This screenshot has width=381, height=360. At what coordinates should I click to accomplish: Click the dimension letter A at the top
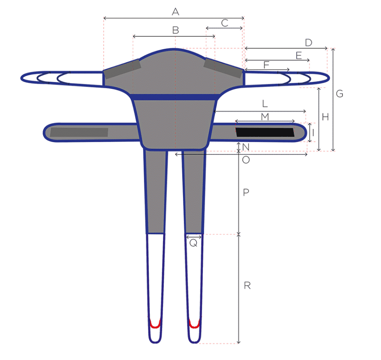click(175, 12)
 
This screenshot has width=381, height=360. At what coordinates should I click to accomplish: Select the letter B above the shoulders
click(176, 30)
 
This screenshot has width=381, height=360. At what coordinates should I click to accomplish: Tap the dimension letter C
click(225, 23)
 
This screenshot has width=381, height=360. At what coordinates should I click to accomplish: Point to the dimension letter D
click(309, 43)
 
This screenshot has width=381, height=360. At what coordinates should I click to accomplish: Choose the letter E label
click(299, 56)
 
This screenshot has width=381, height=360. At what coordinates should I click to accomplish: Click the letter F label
click(266, 65)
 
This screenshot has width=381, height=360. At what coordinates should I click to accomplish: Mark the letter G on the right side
click(339, 93)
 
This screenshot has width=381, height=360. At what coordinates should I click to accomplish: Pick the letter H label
click(325, 117)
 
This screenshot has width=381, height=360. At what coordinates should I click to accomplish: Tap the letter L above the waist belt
click(265, 104)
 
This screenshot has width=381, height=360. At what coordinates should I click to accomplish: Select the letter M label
click(265, 117)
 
